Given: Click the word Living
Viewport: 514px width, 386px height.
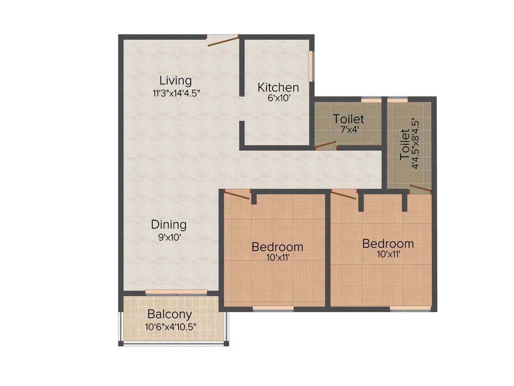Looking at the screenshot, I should (x=176, y=80).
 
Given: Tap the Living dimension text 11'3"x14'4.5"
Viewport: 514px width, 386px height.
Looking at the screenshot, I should (x=177, y=93).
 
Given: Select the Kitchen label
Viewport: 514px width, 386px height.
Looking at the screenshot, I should (x=278, y=87).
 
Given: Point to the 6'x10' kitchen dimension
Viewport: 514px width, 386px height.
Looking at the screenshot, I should (x=279, y=99).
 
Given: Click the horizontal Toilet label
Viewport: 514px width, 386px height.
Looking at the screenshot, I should (x=348, y=119).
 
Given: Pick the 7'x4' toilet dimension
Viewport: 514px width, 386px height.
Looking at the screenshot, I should (x=348, y=130).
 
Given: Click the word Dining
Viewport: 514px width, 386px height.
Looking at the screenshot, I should (x=169, y=225).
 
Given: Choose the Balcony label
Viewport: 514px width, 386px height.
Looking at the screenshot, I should (x=170, y=315).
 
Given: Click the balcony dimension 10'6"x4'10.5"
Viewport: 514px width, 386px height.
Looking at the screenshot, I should (x=170, y=326).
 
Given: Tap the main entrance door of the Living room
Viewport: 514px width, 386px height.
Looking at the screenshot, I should (x=222, y=40).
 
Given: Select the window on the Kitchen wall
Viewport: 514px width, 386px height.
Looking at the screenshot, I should (x=311, y=65).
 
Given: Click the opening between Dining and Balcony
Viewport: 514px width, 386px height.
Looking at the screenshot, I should (x=176, y=292).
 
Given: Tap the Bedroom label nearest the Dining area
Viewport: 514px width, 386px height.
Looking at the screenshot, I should (x=277, y=247).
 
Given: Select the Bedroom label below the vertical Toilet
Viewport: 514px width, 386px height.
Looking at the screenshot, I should (x=388, y=244).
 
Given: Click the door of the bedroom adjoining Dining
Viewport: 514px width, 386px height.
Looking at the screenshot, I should (x=236, y=195).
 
